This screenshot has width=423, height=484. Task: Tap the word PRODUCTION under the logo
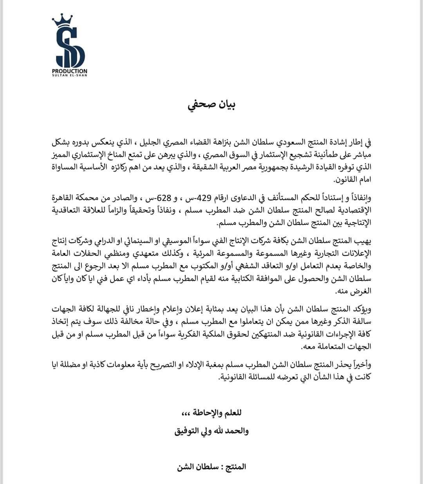[70, 71]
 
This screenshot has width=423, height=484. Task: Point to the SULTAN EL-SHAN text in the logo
[70, 75]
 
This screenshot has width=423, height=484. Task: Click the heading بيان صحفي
[211, 105]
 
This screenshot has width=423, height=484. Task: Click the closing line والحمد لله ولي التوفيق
[211, 431]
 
